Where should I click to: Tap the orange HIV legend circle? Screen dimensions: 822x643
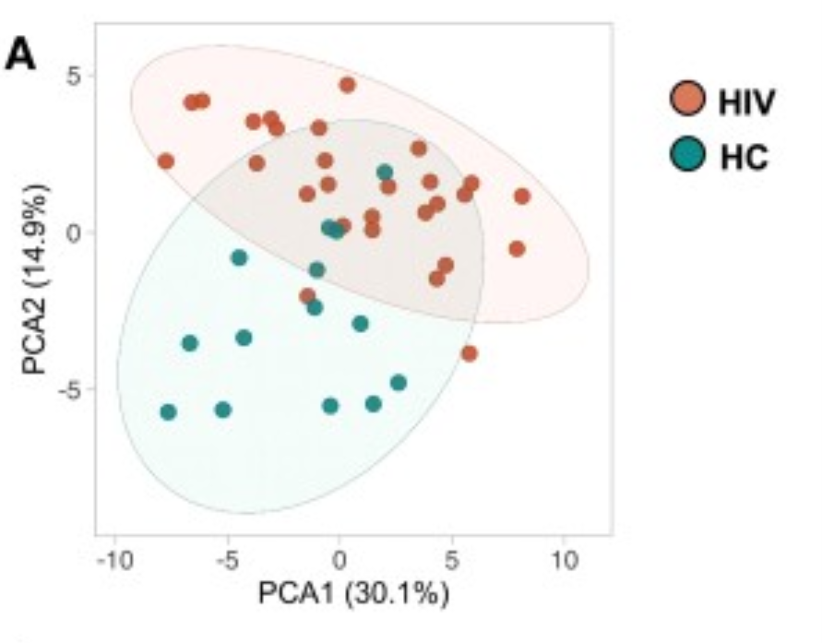click(x=688, y=99)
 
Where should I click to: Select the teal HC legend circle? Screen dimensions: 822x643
click(x=688, y=153)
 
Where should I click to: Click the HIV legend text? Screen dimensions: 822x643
click(x=746, y=101)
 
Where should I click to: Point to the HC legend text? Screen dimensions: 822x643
click(x=744, y=157)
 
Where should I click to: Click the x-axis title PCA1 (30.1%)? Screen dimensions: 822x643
click(x=354, y=593)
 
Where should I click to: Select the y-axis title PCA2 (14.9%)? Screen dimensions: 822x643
click(x=35, y=279)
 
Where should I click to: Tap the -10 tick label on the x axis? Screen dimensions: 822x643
click(x=115, y=561)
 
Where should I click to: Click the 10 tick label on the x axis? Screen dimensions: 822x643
click(x=564, y=561)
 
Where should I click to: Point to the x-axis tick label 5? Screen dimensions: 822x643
click(x=451, y=561)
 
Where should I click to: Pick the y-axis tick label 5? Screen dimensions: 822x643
click(x=74, y=77)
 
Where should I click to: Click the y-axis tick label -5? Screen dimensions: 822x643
click(x=70, y=389)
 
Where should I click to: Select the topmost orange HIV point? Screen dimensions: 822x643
click(x=347, y=85)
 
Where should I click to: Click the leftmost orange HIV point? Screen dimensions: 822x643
click(x=166, y=161)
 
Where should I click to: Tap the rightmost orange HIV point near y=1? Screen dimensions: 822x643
click(x=521, y=196)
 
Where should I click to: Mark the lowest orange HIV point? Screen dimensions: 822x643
click(x=470, y=353)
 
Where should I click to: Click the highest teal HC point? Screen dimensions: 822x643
click(x=385, y=173)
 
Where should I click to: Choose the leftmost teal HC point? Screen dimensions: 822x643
click(x=168, y=412)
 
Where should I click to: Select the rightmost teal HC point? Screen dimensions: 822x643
click(x=399, y=383)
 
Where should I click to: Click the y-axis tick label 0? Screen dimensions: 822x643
click(x=75, y=232)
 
